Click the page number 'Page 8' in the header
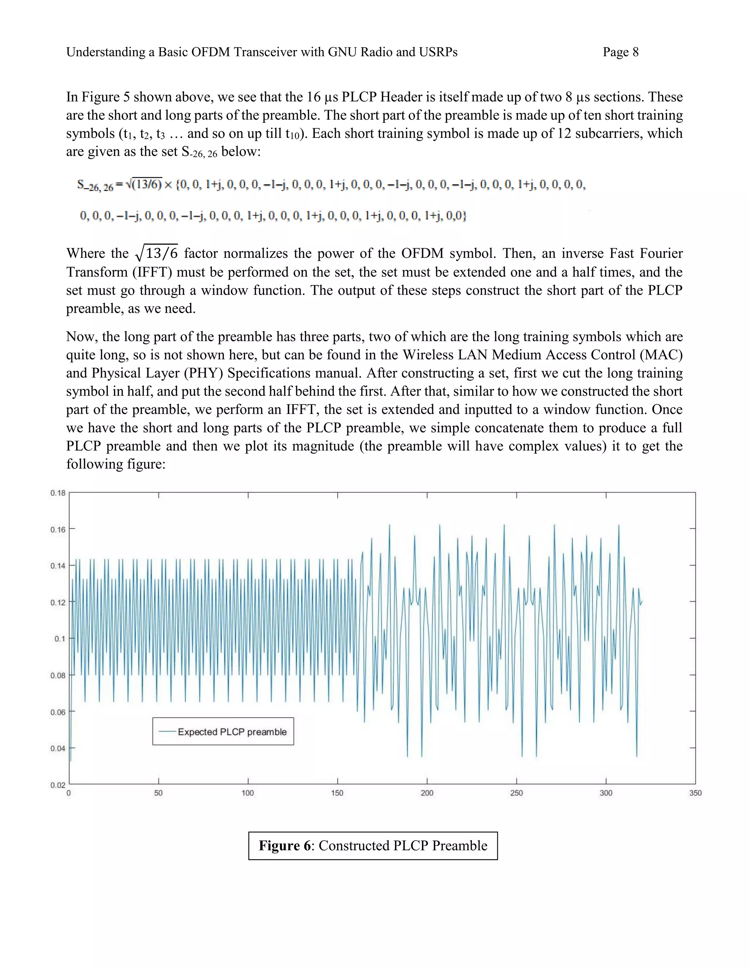pos(620,52)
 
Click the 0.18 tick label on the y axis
pos(58,493)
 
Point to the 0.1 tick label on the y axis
pos(60,639)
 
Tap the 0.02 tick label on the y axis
pos(58,785)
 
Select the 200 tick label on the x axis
pos(427,793)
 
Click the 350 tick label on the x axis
pos(695,793)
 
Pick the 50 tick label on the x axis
pos(158,793)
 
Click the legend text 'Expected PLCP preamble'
pos(232,732)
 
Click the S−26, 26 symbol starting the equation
pos(94,185)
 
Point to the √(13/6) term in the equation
pos(143,184)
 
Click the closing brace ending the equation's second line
pos(464,216)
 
